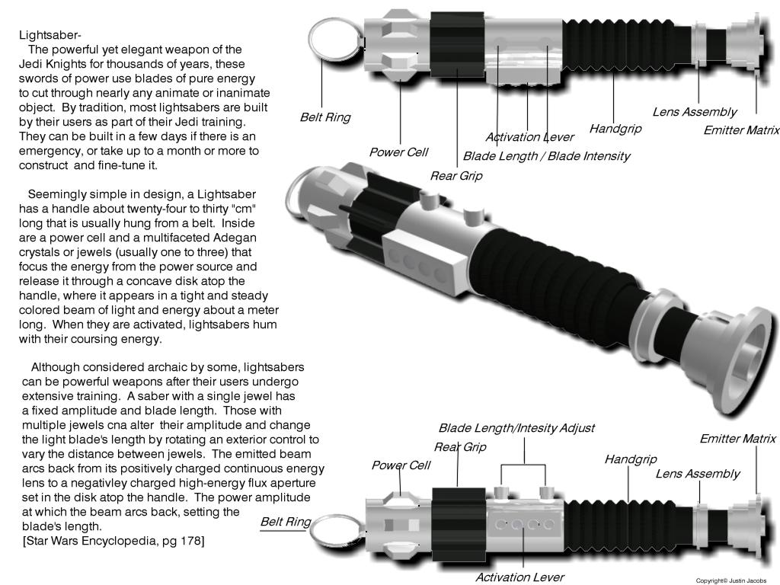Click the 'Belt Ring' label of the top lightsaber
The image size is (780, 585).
tap(325, 117)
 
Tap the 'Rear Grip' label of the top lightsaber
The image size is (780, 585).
tap(456, 176)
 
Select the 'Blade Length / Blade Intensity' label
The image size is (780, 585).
tap(546, 156)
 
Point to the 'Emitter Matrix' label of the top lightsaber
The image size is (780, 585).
tap(740, 130)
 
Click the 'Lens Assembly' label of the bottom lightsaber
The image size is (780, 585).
tap(697, 474)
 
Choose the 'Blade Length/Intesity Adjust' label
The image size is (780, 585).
tap(516, 428)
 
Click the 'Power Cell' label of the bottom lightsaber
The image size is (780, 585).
tap(401, 465)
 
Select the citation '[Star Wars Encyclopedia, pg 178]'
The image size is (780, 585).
tap(113, 541)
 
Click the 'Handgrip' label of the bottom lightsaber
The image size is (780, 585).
tap(630, 459)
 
